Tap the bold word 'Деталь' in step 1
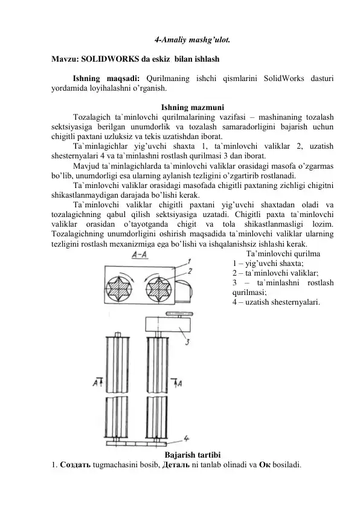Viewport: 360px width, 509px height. pyautogui.click(x=173, y=465)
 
